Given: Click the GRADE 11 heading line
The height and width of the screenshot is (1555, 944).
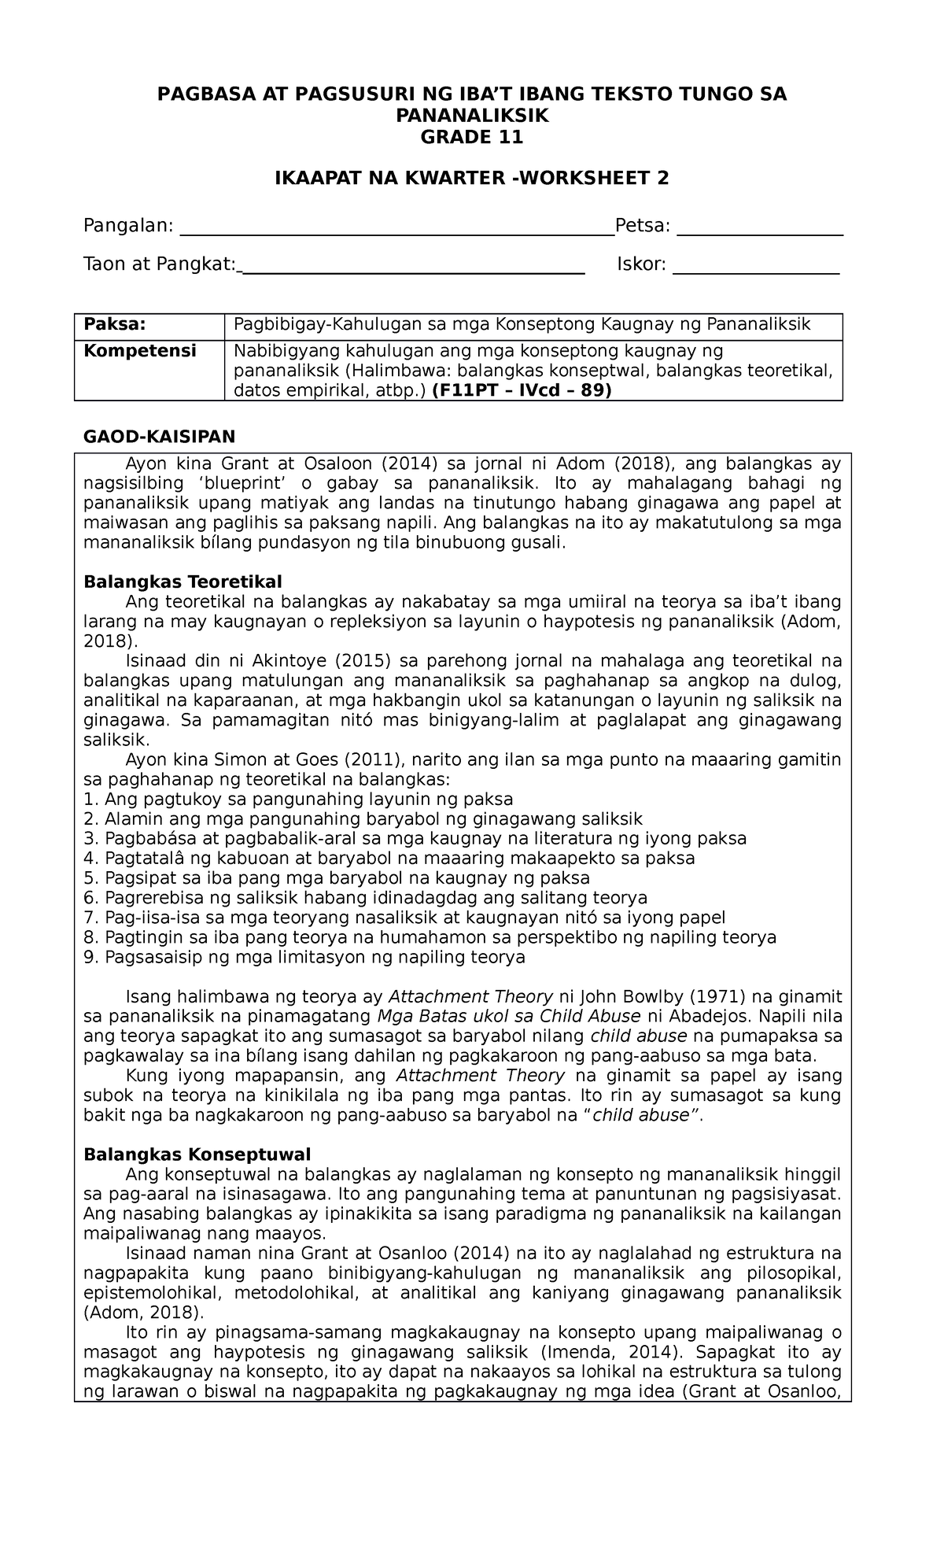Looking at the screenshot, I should (472, 137).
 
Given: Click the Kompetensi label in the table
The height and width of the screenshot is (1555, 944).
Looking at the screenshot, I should (140, 351).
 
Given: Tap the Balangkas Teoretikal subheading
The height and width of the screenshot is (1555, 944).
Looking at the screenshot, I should (183, 582).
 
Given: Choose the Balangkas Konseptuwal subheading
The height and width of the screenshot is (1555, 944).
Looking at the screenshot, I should (197, 1154).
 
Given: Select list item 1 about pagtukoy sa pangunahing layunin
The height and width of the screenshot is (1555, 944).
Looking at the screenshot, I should (298, 799).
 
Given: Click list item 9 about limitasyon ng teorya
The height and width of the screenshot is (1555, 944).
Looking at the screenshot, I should (304, 957).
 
